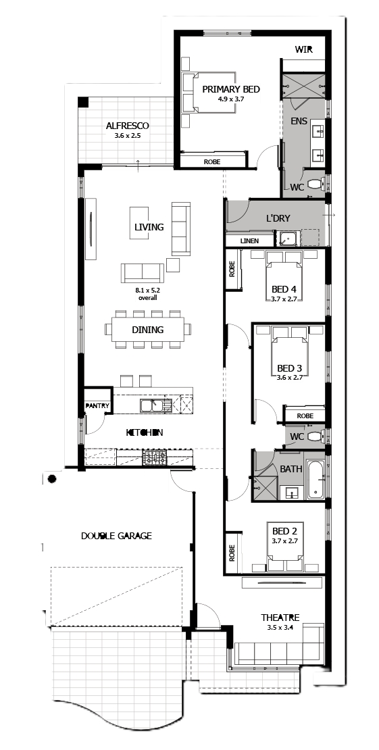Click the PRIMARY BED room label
(x=230, y=89)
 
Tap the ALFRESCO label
(x=127, y=126)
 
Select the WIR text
(x=304, y=50)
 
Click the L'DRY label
(x=278, y=219)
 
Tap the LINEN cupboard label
(x=249, y=241)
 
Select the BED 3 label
(x=290, y=369)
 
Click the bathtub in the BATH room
(x=316, y=479)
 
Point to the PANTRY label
(x=98, y=406)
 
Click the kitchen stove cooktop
(x=155, y=459)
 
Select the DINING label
(x=148, y=330)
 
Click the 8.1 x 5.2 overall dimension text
(x=147, y=293)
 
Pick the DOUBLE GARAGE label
(x=116, y=536)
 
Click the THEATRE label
(x=280, y=617)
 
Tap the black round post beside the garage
(x=52, y=479)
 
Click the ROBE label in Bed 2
(x=232, y=553)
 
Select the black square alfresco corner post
(x=83, y=102)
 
